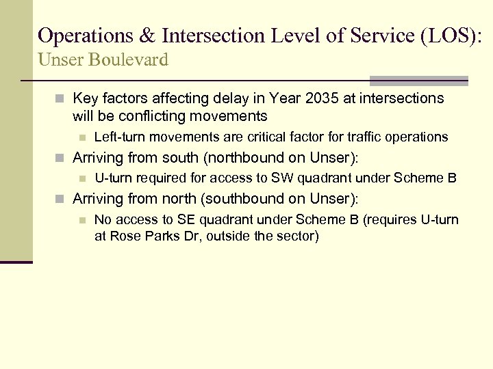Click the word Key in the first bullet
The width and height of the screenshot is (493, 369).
[85, 99]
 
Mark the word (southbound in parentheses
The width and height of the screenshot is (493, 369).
[222, 199]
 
